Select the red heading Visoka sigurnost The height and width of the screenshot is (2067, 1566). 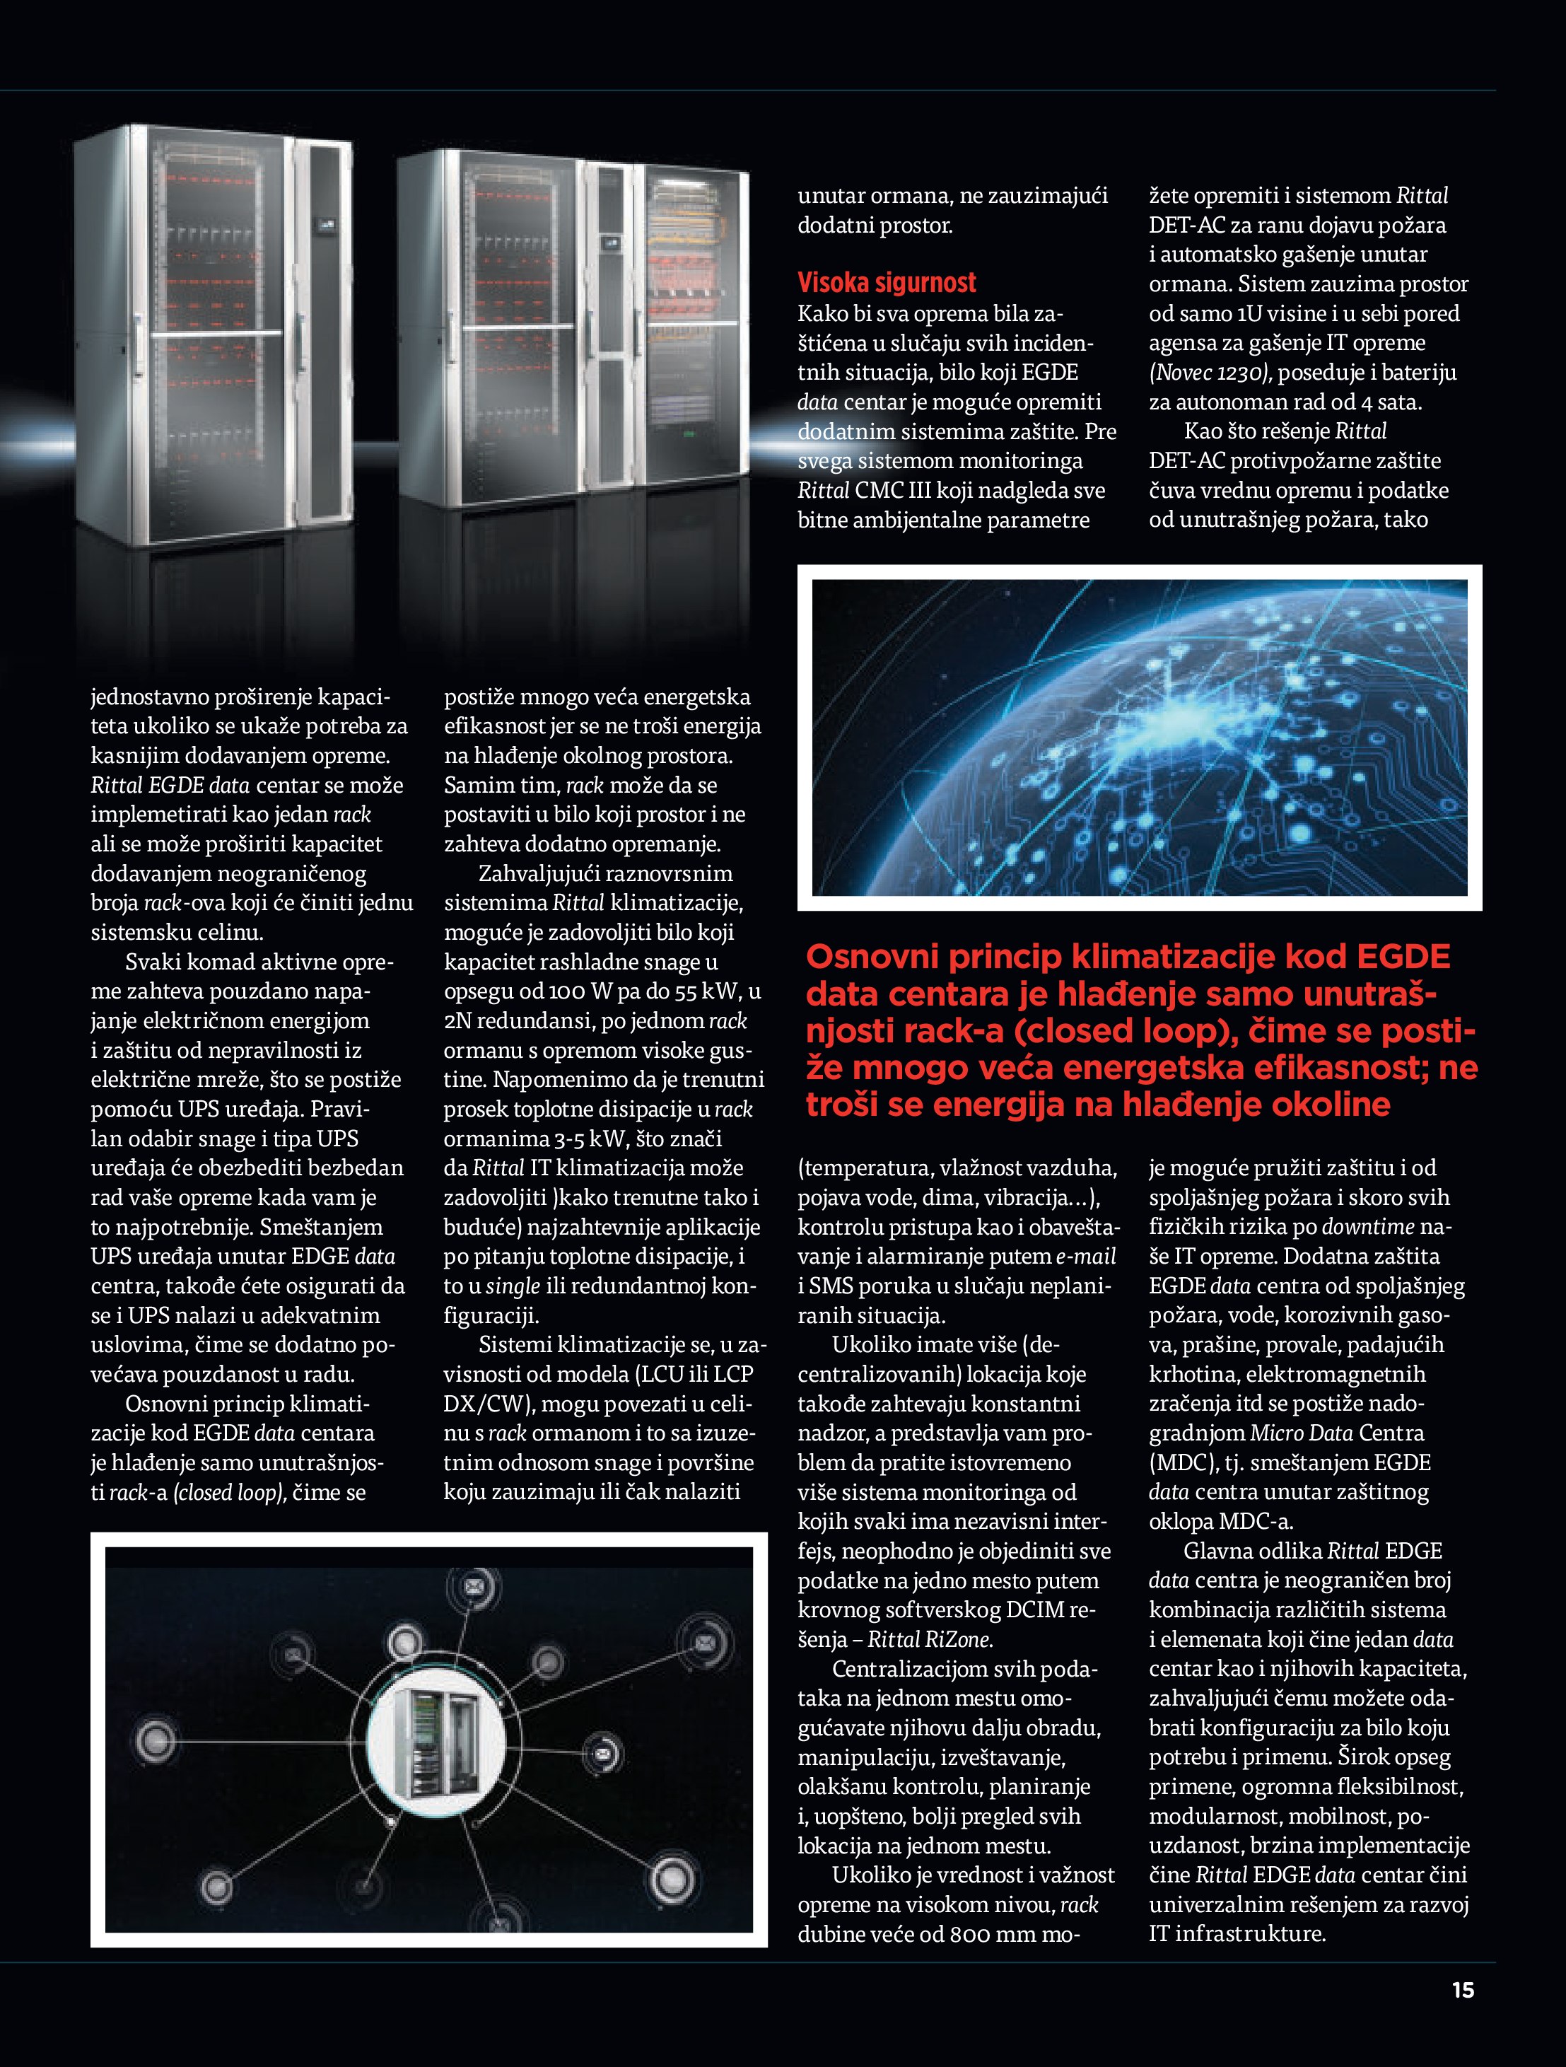tap(886, 282)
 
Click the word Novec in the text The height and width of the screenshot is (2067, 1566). tap(1182, 373)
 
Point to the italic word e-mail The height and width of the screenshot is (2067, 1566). tap(1086, 1257)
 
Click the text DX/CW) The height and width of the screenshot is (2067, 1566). tap(489, 1404)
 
